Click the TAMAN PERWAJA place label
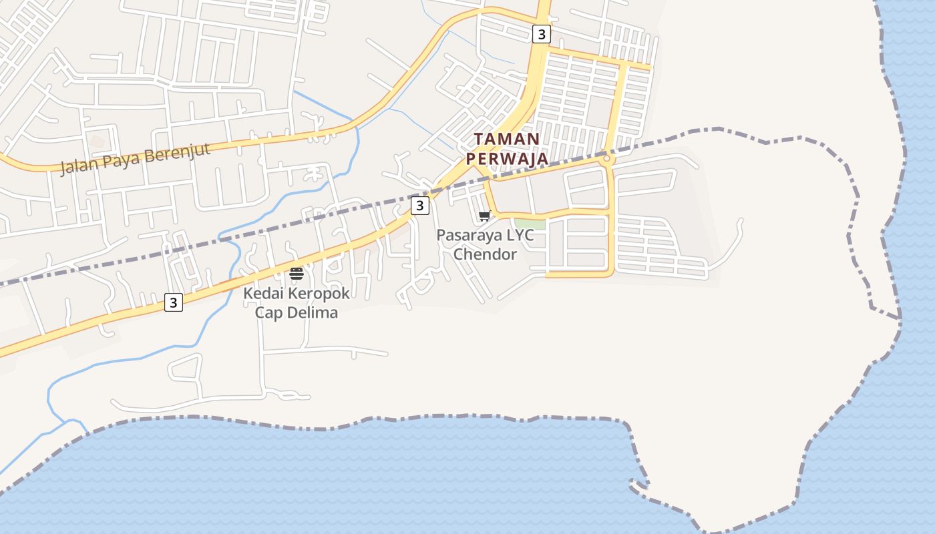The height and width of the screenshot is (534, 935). click(x=507, y=149)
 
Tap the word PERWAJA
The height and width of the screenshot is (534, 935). click(x=507, y=159)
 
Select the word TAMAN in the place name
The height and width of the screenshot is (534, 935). click(x=507, y=139)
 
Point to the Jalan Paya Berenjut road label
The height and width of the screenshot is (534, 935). click(x=136, y=158)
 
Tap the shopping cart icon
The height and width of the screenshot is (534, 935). click(x=485, y=216)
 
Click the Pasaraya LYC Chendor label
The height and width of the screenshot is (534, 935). click(x=486, y=244)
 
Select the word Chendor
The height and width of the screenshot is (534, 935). click(x=486, y=254)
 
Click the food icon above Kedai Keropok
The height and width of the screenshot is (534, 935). click(x=297, y=274)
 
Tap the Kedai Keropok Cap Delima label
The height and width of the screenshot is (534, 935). click(x=297, y=302)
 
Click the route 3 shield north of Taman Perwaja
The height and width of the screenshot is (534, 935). click(x=541, y=34)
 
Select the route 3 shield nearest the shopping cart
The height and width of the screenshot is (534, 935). click(x=419, y=206)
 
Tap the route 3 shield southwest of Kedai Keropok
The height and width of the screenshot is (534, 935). click(x=174, y=303)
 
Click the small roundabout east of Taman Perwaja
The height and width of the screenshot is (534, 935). click(x=606, y=160)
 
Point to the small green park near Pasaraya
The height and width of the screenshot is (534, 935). click(x=530, y=224)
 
